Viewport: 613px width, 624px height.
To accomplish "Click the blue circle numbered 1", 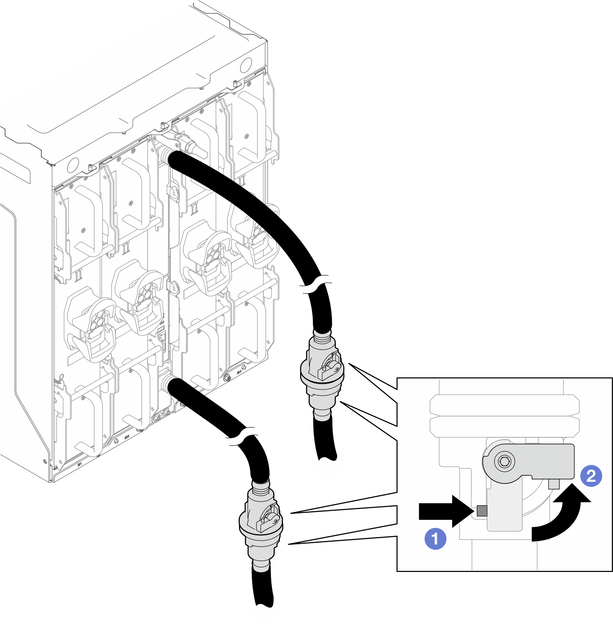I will (435, 539).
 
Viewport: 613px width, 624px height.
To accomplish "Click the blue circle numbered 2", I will (591, 476).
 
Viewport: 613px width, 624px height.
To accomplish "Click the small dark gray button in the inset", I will (482, 511).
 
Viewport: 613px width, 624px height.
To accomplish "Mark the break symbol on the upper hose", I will (316, 284).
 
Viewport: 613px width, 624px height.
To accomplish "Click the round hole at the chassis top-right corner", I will (246, 65).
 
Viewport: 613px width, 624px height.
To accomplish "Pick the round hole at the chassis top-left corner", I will (73, 165).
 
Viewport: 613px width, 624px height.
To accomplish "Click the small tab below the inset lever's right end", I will (554, 484).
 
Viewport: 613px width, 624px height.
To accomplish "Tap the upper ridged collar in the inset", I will (504, 405).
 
